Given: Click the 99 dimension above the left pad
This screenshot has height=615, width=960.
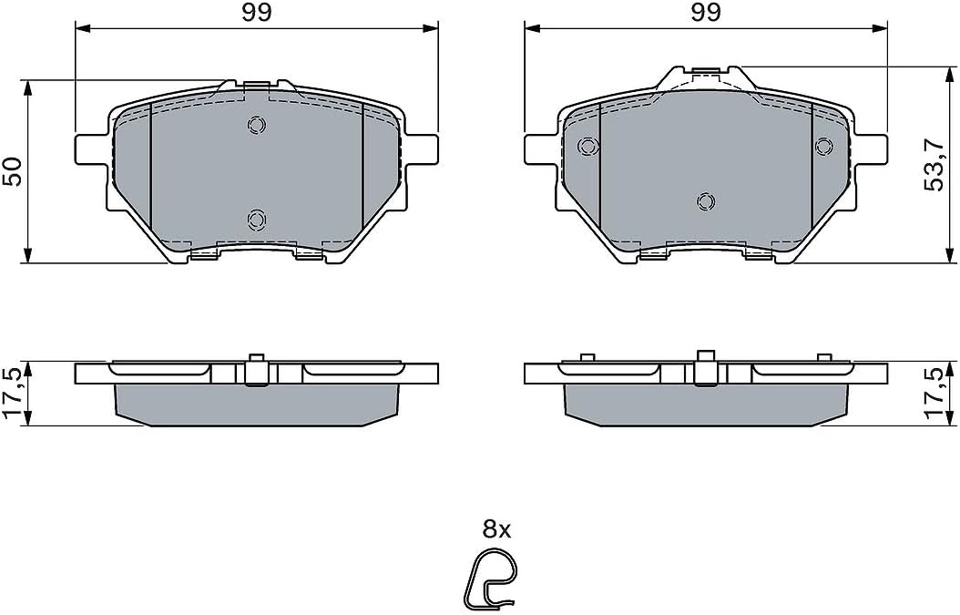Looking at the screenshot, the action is (x=257, y=13).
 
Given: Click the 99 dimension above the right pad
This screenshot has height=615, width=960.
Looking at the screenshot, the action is (x=706, y=13).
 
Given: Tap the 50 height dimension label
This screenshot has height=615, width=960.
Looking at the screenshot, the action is (x=13, y=172).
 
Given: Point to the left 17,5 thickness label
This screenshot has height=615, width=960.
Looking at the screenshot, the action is (x=14, y=394).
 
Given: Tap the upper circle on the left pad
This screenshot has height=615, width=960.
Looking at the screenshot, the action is (x=257, y=125).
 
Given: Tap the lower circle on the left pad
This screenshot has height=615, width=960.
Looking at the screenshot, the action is (x=257, y=219).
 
